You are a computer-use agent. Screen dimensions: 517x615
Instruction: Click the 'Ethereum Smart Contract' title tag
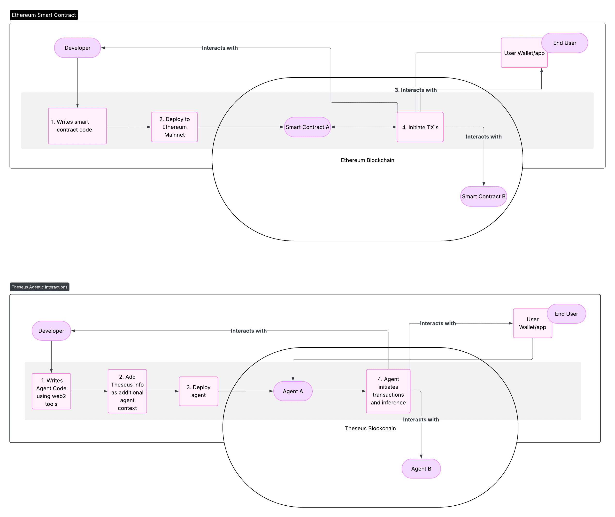44,15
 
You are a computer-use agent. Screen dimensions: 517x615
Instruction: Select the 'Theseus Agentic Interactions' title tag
39,287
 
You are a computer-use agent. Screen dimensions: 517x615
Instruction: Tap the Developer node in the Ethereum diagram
77,48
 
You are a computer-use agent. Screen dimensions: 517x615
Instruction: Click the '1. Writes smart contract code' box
77,126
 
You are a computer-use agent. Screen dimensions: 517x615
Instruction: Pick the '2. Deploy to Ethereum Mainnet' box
174,127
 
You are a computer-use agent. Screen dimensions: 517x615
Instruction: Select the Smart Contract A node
307,127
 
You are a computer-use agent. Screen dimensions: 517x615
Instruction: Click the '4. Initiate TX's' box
420,127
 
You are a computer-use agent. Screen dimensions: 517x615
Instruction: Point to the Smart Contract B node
484,196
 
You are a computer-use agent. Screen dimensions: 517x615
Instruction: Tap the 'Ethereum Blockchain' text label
367,160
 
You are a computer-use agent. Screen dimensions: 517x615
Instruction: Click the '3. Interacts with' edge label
415,90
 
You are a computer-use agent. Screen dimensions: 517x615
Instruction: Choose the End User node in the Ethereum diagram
565,43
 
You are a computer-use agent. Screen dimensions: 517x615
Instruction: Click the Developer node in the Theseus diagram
51,331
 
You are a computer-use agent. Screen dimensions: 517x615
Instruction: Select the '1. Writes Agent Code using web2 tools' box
51,391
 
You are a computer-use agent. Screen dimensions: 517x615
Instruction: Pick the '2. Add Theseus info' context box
127,391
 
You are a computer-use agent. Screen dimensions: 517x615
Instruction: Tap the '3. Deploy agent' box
198,391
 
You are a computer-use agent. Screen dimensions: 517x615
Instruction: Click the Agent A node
293,391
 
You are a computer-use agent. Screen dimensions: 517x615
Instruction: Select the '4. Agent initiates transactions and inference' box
388,391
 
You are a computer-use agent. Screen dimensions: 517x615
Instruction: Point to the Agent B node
421,469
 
